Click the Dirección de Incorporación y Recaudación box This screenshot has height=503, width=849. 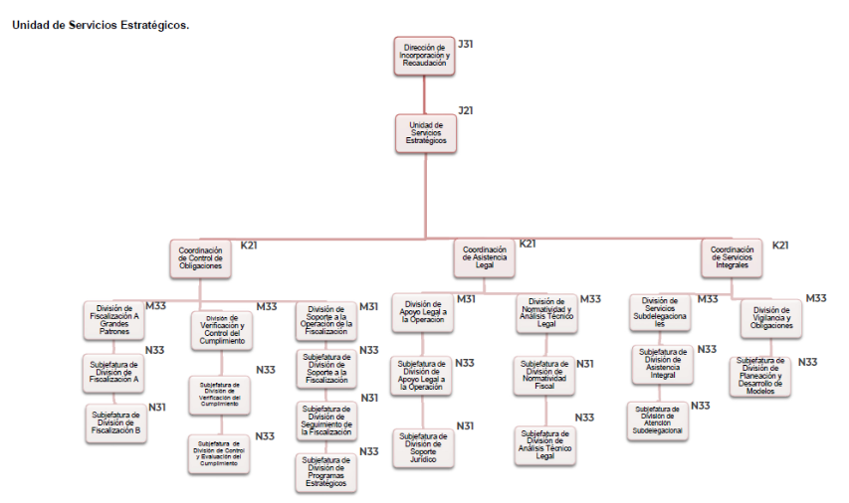click(x=425, y=56)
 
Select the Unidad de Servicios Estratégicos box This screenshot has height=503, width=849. click(x=426, y=133)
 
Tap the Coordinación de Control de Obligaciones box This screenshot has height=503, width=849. click(x=201, y=258)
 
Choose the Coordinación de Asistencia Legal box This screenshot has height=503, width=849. click(x=484, y=256)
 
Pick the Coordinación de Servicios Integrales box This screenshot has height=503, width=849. click(x=732, y=256)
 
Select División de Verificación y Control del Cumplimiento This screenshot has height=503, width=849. click(x=220, y=330)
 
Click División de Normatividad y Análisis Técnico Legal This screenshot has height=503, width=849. click(x=545, y=312)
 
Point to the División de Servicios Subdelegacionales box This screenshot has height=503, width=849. click(x=660, y=312)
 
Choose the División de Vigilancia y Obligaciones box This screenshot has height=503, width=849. click(x=771, y=317)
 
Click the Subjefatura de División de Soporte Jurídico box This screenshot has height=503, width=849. click(x=422, y=447)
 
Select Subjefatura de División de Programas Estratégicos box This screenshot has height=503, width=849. click(x=326, y=472)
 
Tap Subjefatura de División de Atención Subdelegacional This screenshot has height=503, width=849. click(x=657, y=419)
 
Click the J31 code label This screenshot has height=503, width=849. click(x=465, y=44)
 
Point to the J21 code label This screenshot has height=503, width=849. click(x=465, y=110)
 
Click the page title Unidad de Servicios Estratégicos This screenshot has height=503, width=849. click(x=100, y=25)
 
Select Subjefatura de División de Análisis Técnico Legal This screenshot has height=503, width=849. click(x=544, y=444)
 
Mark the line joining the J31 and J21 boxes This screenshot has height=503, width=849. click(x=425, y=93)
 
